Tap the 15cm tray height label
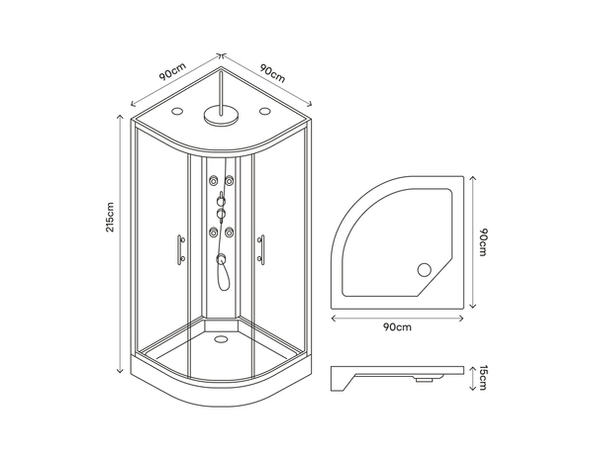click(484, 377)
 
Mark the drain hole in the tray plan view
click(427, 268)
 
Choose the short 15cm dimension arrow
click(474, 377)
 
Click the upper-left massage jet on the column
click(213, 181)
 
